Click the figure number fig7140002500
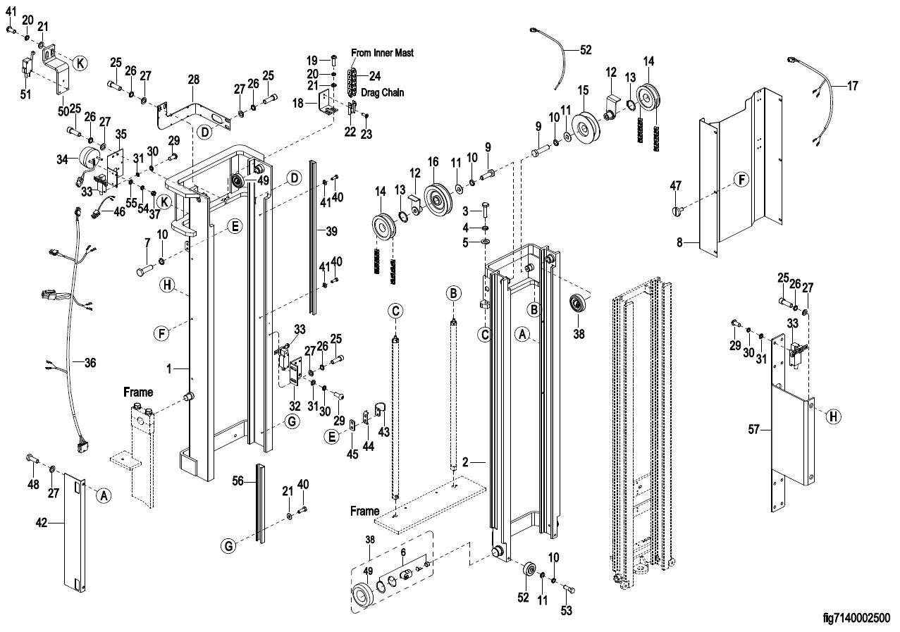856,618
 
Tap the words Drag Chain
382,92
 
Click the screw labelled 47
679,211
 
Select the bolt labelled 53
569,588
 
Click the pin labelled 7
143,269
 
